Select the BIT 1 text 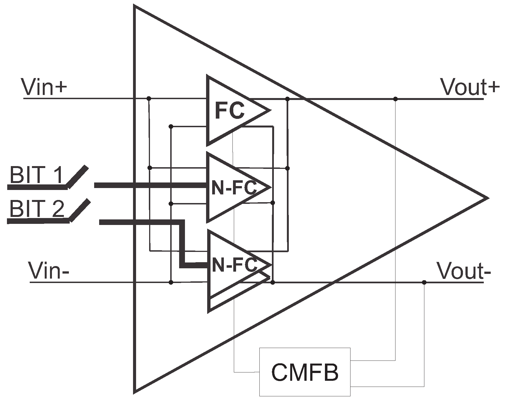36,175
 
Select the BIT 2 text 36,209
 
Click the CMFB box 305,372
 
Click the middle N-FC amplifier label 234,188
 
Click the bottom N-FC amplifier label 234,265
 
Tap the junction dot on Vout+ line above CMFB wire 395,99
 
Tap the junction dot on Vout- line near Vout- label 424,282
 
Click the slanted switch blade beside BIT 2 80,210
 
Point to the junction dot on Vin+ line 149,98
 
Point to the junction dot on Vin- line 171,282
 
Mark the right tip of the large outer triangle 487,198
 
